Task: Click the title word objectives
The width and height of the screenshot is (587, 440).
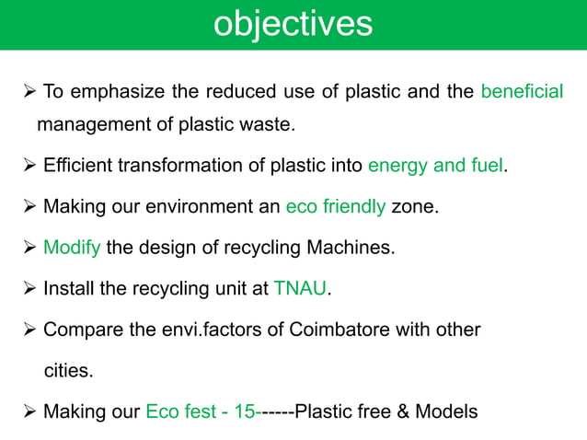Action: pyautogui.click(x=293, y=24)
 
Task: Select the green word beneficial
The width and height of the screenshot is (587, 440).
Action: pyautogui.click(x=522, y=92)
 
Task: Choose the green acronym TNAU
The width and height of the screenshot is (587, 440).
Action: pyautogui.click(x=300, y=289)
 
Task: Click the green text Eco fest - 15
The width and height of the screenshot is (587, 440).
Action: pyautogui.click(x=201, y=411)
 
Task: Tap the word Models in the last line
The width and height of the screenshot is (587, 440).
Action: pyautogui.click(x=446, y=411)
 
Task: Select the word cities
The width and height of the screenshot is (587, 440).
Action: pyautogui.click(x=70, y=370)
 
